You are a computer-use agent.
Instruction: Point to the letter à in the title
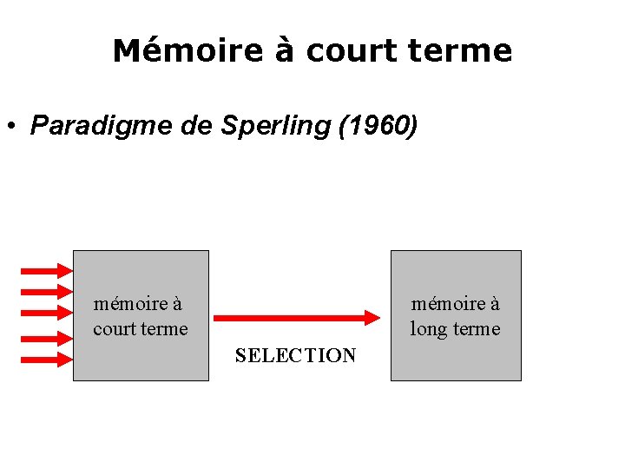[285, 50]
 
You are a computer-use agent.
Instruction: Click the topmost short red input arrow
[45, 269]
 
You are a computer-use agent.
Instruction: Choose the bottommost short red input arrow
[45, 359]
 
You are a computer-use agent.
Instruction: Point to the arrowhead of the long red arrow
[376, 318]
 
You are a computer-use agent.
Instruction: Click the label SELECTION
[295, 355]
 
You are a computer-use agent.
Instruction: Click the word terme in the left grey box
[165, 329]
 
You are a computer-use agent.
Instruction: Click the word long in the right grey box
[430, 330]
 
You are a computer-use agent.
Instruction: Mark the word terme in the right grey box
[478, 329]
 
